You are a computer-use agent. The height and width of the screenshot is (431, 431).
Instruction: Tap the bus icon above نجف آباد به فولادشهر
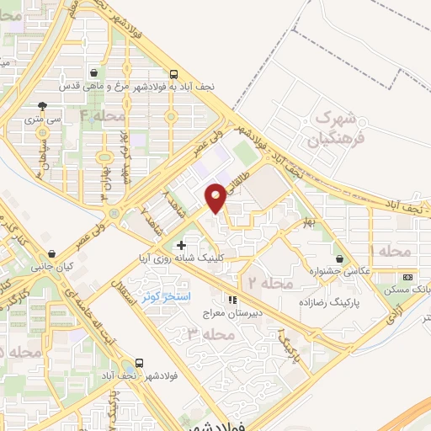pos(173,73)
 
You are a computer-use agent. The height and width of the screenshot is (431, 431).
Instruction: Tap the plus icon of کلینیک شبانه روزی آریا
pos(181,244)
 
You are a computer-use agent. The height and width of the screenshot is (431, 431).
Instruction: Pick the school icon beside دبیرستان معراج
pos(233,298)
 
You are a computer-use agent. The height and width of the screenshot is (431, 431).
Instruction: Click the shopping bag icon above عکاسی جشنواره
pos(339,259)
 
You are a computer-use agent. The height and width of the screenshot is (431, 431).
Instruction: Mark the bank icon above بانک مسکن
pos(408,277)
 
